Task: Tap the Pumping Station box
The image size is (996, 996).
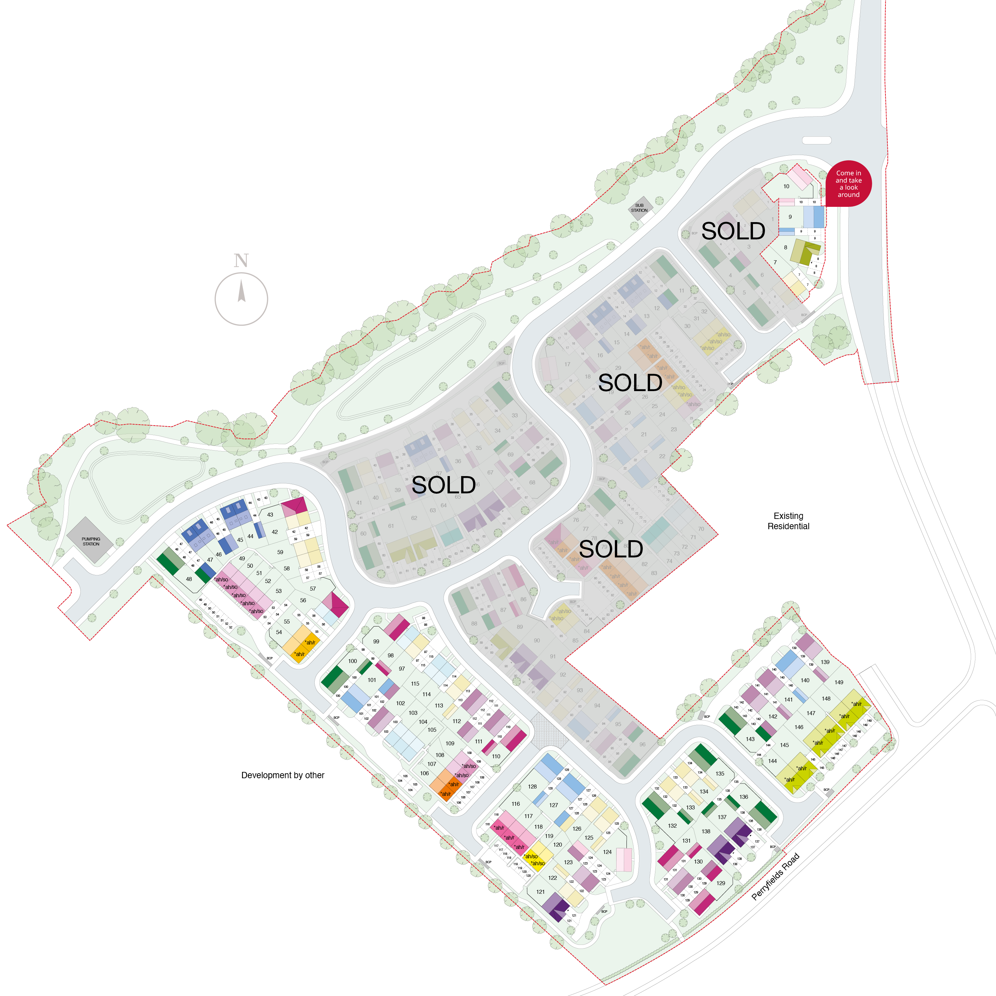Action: point(91,541)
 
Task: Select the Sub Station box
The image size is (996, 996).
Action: point(639,208)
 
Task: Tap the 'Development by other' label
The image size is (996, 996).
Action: point(283,775)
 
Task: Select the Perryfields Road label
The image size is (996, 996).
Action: point(775,876)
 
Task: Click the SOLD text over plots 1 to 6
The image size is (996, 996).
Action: point(733,231)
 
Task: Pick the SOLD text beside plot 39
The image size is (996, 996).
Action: point(443,485)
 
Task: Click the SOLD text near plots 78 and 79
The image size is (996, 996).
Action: point(611,549)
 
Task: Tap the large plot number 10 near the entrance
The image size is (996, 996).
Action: point(786,187)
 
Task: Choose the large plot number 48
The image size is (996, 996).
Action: point(189,579)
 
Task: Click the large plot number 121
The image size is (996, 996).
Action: point(540,892)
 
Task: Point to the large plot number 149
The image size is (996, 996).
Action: point(839,682)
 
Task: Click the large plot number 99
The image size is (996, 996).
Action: point(376,642)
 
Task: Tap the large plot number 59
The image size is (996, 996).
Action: point(280,552)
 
